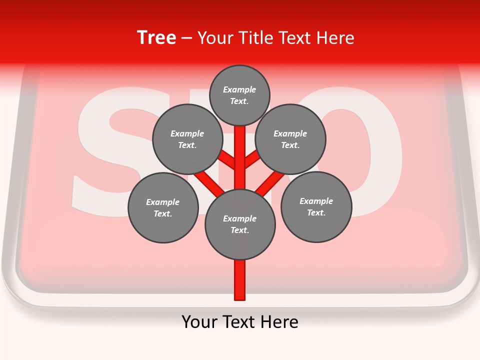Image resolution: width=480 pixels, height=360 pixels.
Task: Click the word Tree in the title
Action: tap(156, 38)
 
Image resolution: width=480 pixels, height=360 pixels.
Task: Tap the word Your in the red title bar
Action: tap(215, 38)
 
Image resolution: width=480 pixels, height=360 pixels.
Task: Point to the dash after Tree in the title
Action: tap(186, 38)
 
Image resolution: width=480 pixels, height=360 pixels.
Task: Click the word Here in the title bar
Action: tap(335, 38)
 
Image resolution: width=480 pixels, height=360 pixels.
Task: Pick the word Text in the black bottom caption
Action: tap(239, 322)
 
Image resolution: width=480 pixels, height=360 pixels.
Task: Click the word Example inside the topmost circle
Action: tap(239, 90)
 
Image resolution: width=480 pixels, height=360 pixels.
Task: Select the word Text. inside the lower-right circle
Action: tap(316, 212)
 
